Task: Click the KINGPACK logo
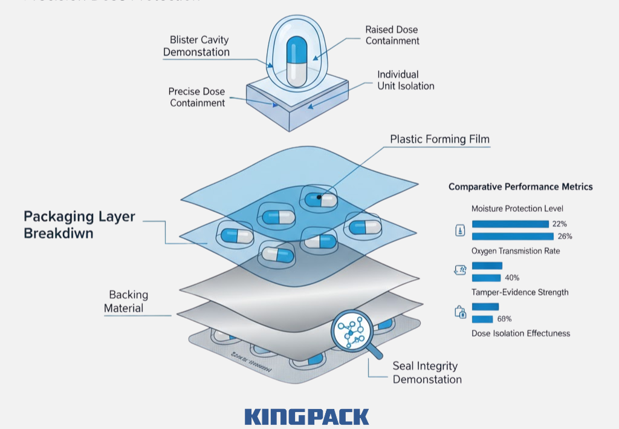click(306, 416)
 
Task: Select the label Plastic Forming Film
click(439, 139)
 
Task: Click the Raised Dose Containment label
click(392, 35)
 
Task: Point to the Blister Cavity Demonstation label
click(196, 46)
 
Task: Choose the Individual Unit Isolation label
click(406, 80)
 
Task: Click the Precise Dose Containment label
click(197, 97)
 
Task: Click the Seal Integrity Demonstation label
click(427, 373)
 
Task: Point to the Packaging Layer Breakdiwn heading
click(79, 224)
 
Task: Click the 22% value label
click(559, 224)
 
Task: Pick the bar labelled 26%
click(512, 236)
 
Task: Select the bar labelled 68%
click(482, 319)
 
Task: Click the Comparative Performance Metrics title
click(520, 187)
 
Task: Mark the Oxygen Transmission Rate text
click(515, 251)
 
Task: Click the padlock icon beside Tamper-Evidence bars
click(460, 312)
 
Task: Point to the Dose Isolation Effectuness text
click(520, 333)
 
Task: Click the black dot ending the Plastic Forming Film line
click(319, 197)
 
